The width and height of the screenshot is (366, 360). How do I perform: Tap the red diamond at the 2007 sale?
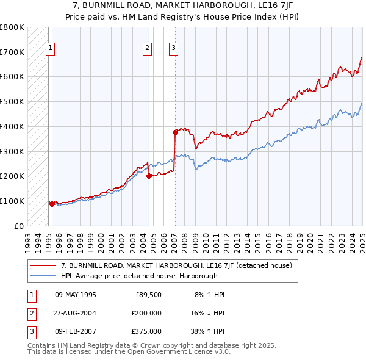(x=175, y=132)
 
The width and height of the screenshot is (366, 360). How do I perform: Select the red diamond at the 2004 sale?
(x=149, y=176)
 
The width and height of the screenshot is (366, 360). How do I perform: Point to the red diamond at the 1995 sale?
(x=52, y=204)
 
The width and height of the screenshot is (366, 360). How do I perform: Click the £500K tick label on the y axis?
(x=12, y=102)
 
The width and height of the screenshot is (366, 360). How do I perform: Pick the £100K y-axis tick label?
(x=12, y=201)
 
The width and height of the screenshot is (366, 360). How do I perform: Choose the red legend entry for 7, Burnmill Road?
(x=177, y=265)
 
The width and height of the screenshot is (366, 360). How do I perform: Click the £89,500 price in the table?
(x=148, y=295)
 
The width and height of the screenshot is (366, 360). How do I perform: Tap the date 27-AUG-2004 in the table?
(x=76, y=313)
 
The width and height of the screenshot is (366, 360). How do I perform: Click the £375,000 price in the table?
(x=146, y=331)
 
